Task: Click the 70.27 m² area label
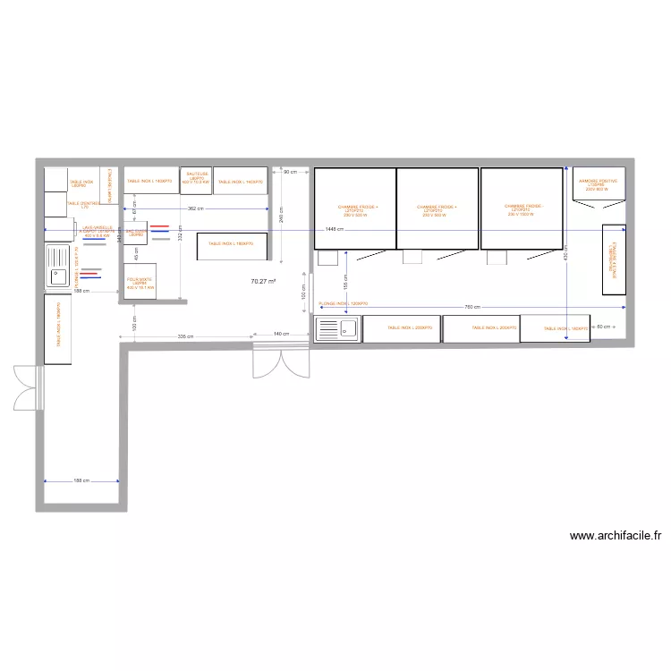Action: click(x=263, y=281)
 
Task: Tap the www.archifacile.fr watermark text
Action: click(x=616, y=536)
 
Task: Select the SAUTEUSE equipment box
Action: click(x=196, y=179)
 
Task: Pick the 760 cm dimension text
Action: click(x=471, y=307)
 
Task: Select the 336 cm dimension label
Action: click(x=185, y=336)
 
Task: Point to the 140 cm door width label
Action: click(x=279, y=334)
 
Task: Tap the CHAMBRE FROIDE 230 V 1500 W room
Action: click(x=522, y=209)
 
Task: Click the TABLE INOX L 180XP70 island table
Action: click(x=231, y=243)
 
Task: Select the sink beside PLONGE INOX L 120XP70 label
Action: click(x=336, y=329)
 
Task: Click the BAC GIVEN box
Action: click(x=136, y=232)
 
